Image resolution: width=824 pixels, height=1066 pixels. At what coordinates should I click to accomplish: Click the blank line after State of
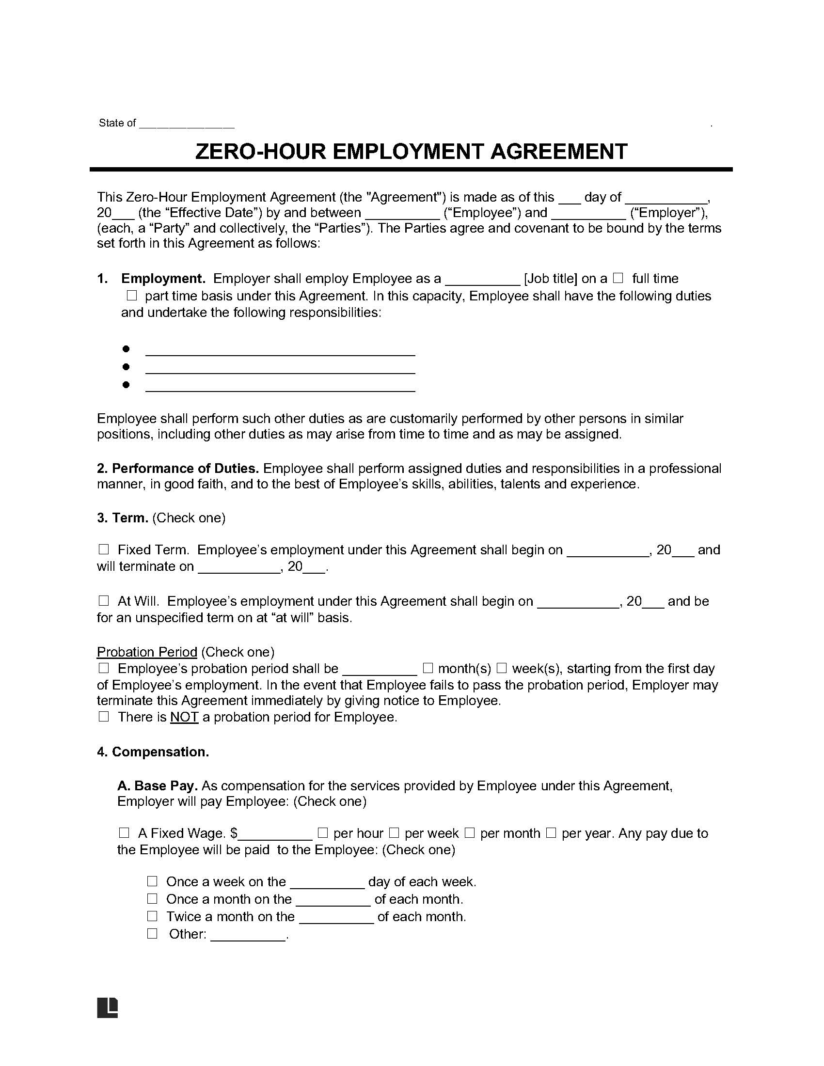pos(187,124)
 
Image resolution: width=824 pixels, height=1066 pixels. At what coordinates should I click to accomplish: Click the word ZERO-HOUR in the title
pos(260,152)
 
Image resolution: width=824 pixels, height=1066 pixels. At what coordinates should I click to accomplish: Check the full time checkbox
pos(618,279)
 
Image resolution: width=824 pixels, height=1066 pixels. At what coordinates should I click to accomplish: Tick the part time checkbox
pos(131,296)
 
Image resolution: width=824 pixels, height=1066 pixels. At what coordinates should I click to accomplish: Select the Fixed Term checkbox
pos(104,549)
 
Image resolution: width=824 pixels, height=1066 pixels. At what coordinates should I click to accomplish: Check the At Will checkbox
pos(104,601)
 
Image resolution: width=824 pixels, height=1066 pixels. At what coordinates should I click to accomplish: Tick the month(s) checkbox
pos(428,668)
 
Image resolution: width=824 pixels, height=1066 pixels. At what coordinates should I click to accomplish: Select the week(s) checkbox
pos(502,668)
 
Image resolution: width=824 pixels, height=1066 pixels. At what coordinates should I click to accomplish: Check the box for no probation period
pos(104,717)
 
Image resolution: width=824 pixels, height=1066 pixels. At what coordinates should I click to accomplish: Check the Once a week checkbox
pos(152,881)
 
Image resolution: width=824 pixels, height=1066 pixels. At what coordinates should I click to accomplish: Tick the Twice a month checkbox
pos(152,916)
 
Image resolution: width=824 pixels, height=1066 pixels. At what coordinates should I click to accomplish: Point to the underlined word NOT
pos(184,717)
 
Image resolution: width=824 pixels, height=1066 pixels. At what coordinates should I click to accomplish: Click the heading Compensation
pos(160,752)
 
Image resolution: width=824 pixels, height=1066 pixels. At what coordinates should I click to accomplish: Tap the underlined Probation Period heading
pos(146,652)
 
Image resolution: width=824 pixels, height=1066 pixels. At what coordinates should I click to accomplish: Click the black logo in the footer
pos(108,1007)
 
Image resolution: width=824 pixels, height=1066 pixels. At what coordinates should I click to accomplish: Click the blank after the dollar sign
pos(275,834)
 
